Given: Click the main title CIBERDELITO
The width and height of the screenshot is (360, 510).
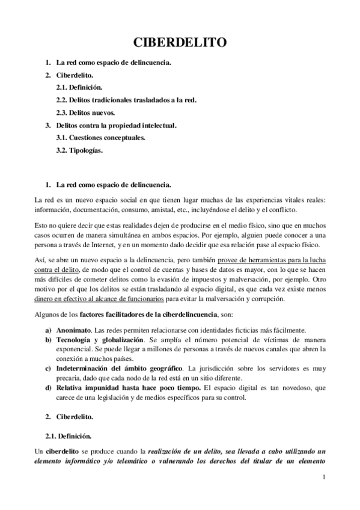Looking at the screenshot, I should [x=179, y=43].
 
